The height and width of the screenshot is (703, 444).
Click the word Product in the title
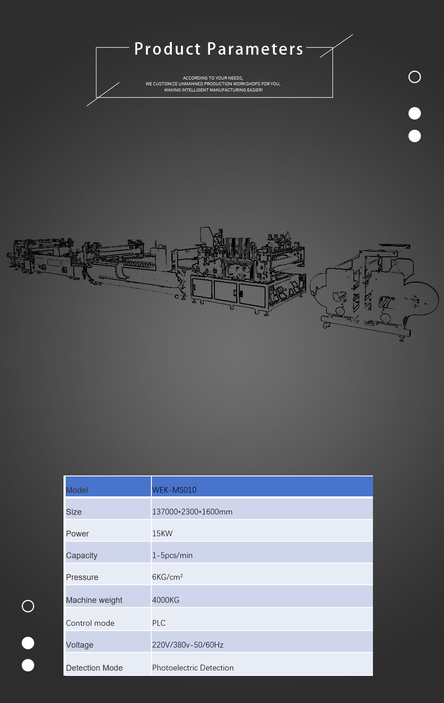(x=167, y=49)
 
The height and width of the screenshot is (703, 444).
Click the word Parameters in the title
(x=255, y=49)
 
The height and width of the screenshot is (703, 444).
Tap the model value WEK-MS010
(x=174, y=490)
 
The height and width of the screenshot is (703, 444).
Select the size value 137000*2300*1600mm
(x=192, y=512)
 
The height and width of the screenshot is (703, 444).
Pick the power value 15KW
(x=163, y=534)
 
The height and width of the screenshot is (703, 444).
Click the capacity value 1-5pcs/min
(x=172, y=555)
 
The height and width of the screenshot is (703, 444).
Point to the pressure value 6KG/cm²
(x=167, y=577)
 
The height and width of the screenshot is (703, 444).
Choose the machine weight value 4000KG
(x=166, y=600)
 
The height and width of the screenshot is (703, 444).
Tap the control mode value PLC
(x=159, y=623)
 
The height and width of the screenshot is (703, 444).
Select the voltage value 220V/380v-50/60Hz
(x=188, y=645)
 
